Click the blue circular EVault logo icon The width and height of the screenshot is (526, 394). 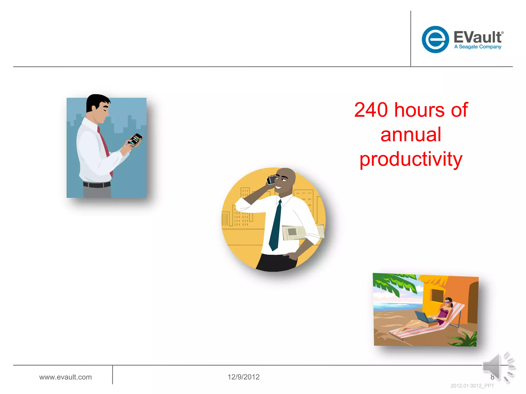[x=435, y=40]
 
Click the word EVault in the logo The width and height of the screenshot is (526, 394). [x=478, y=37]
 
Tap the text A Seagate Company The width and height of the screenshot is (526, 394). [x=477, y=47]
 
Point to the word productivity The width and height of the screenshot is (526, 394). [x=411, y=159]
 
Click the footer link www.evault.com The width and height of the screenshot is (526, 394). [x=65, y=377]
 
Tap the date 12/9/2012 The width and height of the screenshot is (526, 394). [x=243, y=377]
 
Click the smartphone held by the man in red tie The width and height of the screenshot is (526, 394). [x=135, y=140]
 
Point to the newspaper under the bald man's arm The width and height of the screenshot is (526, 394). [x=295, y=232]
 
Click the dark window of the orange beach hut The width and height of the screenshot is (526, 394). [x=437, y=295]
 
